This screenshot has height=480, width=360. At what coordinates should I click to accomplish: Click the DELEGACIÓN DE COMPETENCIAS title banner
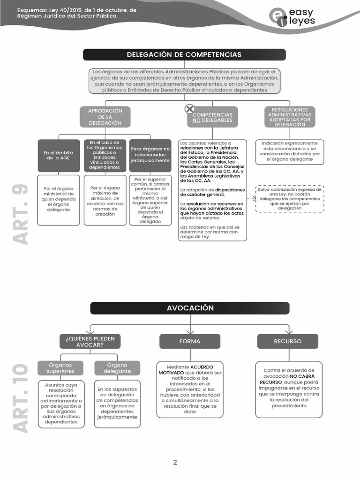[x=184, y=55]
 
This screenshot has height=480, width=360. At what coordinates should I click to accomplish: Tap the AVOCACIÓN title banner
[x=190, y=308]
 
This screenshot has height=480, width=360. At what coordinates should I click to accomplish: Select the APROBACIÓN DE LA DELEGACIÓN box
[x=105, y=117]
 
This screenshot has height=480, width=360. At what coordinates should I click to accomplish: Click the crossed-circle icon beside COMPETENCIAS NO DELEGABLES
[x=190, y=109]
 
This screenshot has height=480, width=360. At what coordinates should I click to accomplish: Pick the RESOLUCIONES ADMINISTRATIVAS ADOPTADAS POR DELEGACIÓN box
[x=290, y=117]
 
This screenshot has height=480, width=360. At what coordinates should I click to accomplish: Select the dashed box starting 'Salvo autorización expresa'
[x=290, y=199]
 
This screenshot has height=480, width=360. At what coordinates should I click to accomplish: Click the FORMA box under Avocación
[x=190, y=341]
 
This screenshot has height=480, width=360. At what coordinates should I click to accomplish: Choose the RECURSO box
[x=288, y=341]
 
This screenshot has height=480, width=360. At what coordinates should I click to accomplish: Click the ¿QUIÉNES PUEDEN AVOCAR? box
[x=90, y=341]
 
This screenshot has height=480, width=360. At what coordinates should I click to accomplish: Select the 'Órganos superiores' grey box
[x=60, y=368]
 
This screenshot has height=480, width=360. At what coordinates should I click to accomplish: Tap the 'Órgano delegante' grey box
[x=117, y=368]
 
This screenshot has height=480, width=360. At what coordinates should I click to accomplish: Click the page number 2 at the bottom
[x=175, y=462]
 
